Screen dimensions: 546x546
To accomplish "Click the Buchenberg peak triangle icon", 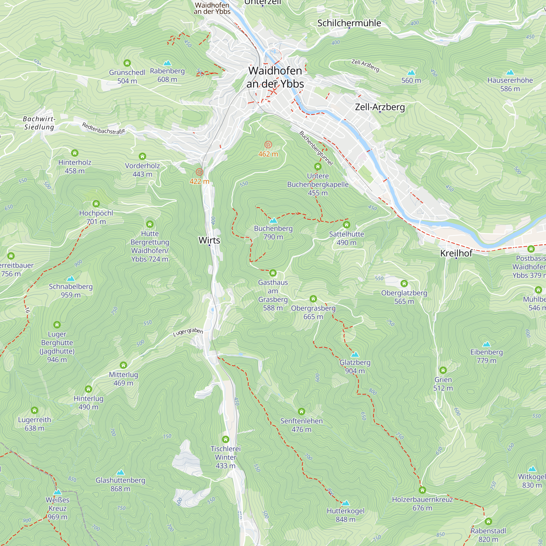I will pyautogui.click(x=273, y=220).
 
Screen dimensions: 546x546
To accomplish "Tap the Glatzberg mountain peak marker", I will pyautogui.click(x=355, y=354).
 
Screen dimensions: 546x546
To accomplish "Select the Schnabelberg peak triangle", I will pyautogui.click(x=71, y=279).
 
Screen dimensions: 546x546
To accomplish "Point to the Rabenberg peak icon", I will pyautogui.click(x=167, y=63).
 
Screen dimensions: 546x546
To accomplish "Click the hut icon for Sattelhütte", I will pyautogui.click(x=346, y=225).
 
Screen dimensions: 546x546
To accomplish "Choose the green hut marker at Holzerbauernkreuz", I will pyautogui.click(x=422, y=490).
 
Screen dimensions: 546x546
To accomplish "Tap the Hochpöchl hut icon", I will pyautogui.click(x=96, y=203).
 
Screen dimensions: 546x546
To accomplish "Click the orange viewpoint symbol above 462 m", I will pyautogui.click(x=268, y=145).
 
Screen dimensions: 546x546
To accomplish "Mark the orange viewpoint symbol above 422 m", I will pyautogui.click(x=200, y=172).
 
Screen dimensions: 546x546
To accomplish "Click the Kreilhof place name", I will pyautogui.click(x=456, y=253).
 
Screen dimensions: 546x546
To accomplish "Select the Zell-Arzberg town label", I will pyautogui.click(x=380, y=107).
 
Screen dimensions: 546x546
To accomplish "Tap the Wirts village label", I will pyautogui.click(x=209, y=240).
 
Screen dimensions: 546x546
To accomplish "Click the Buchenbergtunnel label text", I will pyautogui.click(x=316, y=148).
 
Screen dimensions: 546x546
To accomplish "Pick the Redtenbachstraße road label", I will pyautogui.click(x=103, y=128).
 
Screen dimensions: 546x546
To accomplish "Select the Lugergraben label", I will pyautogui.click(x=188, y=332).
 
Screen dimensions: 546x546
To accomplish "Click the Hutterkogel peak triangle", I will pyautogui.click(x=346, y=503).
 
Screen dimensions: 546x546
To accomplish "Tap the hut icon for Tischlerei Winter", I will pyautogui.click(x=225, y=439).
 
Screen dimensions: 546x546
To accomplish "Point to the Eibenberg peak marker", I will pyautogui.click(x=486, y=344).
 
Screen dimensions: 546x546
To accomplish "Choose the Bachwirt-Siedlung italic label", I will pyautogui.click(x=39, y=123).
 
